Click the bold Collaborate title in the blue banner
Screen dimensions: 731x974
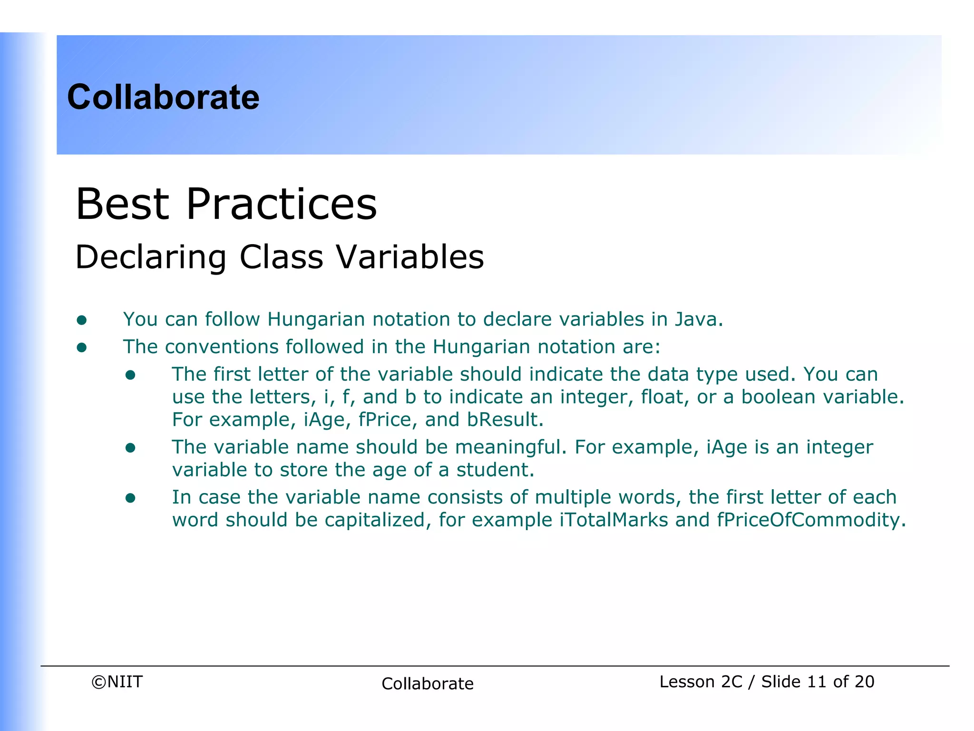163,97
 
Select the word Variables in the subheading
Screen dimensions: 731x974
410,257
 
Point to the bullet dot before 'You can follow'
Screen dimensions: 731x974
82,320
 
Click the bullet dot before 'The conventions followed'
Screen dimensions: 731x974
82,348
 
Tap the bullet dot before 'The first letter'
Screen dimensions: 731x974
130,375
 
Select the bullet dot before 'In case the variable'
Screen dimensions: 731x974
130,498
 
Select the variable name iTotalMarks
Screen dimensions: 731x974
614,520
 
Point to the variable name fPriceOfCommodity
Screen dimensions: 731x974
808,520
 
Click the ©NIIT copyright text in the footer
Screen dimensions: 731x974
117,682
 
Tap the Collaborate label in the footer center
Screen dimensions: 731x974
427,684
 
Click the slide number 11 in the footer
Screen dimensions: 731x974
816,682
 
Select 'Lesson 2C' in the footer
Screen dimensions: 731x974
701,682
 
